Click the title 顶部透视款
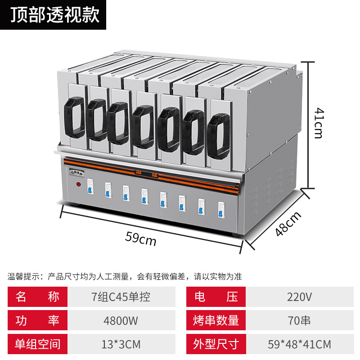tap(53, 14)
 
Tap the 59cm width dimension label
tap(141, 240)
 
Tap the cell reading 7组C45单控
tap(121, 297)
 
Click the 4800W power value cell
tap(121, 321)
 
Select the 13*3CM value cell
tap(121, 345)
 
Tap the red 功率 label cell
tap(37, 321)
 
